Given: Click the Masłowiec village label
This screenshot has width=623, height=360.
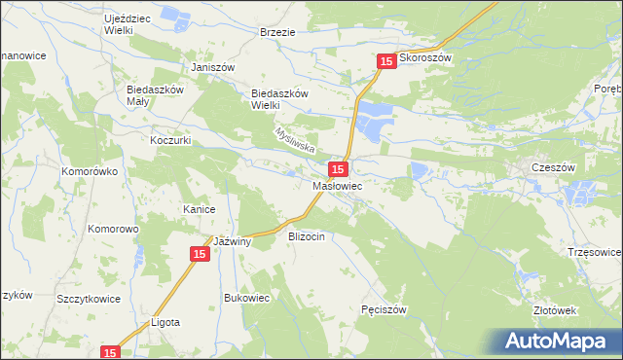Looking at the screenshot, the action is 338,185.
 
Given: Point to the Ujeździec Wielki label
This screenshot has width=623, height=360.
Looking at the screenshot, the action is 131,23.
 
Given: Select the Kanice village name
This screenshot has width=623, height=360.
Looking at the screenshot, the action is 199,209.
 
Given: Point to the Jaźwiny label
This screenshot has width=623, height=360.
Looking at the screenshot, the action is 234,242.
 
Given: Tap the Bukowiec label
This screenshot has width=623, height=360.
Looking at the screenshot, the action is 246,298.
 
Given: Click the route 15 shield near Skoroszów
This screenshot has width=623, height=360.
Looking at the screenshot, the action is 386,61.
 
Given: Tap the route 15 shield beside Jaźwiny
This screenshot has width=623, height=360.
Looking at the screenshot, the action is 199,254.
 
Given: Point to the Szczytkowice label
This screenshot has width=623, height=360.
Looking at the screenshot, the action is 89,299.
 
